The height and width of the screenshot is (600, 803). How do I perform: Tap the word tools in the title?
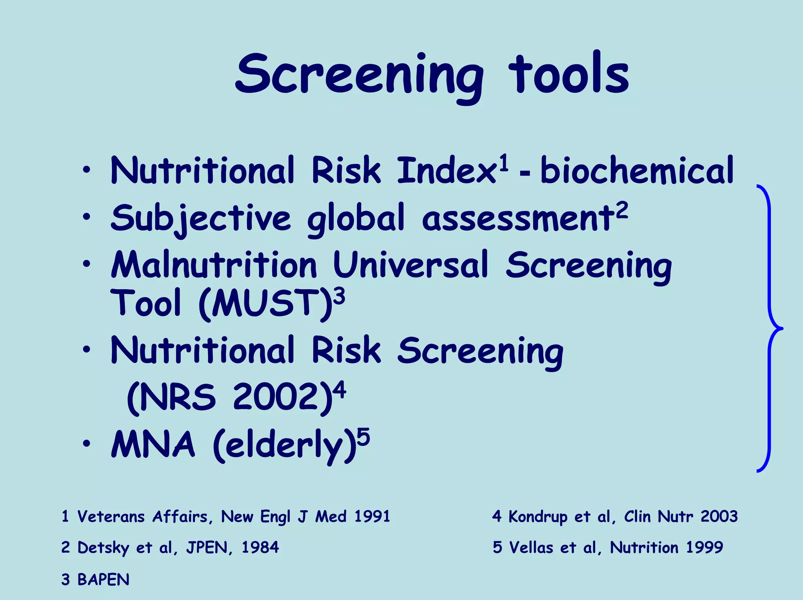[569, 74]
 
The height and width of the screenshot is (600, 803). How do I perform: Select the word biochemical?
[636, 170]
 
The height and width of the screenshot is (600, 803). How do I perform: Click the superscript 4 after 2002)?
[340, 390]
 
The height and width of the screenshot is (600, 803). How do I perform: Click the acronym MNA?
[153, 444]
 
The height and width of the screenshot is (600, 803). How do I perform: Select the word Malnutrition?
[214, 265]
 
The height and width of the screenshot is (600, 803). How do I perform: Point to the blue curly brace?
[769, 328]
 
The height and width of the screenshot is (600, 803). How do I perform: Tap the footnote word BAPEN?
[103, 580]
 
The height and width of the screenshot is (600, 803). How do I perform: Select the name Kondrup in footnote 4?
[538, 517]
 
